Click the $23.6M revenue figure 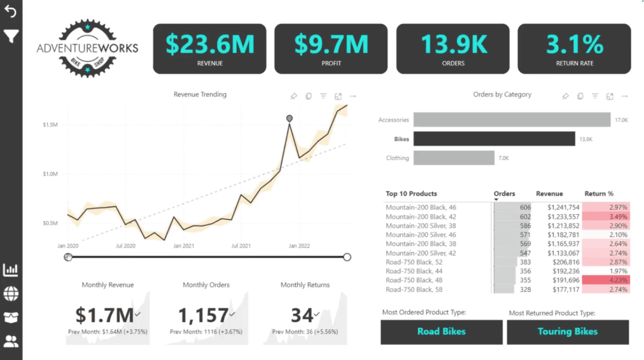tap(210, 44)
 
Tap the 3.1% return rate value tap(574, 44)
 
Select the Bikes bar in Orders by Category tap(494, 139)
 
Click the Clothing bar tap(454, 158)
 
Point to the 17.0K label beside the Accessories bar tap(621, 120)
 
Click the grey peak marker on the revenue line tap(289, 118)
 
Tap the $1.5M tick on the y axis tap(50, 125)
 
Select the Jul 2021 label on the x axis tap(241, 246)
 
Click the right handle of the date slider tap(347, 257)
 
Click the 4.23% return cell tap(606, 280)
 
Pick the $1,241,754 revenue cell tap(563, 207)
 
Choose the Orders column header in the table tap(504, 194)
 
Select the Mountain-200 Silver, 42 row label tap(420, 253)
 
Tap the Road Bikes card tap(442, 332)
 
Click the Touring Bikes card tap(568, 332)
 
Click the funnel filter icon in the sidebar tap(11, 36)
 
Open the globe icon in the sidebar tap(11, 294)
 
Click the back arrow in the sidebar tap(10, 11)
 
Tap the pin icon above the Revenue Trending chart tap(294, 96)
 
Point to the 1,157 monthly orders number tap(203, 315)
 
